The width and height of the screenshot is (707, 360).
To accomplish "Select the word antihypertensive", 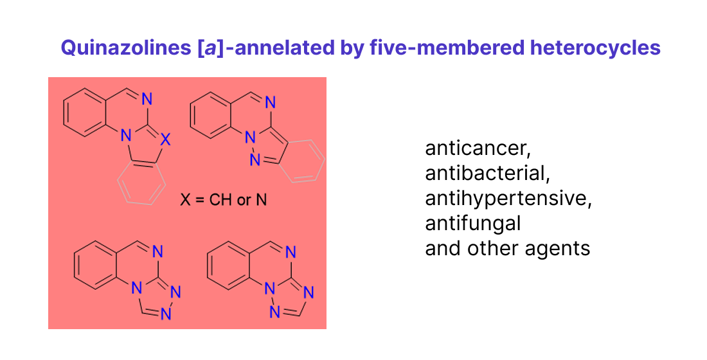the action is pos(508,199).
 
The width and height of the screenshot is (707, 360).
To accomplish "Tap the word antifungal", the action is pos(472,223).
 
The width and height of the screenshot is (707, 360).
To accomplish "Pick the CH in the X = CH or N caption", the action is pos(220,200).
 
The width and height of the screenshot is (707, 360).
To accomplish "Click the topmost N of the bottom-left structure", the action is pos(157,251).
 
